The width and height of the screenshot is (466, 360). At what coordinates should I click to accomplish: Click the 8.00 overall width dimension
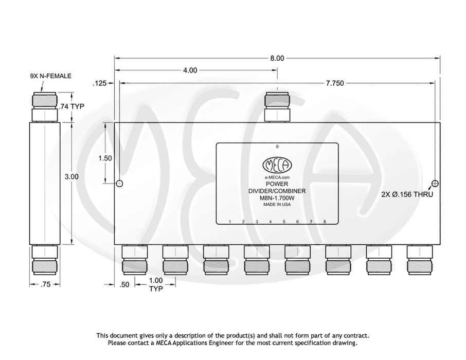coord(277,58)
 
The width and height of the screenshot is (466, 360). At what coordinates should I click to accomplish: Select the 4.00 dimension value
coord(190,70)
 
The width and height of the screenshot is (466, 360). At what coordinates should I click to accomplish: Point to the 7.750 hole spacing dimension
coord(335,83)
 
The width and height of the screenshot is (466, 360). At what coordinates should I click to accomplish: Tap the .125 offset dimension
coord(100,83)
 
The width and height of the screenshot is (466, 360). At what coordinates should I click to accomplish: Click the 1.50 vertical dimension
coord(105,158)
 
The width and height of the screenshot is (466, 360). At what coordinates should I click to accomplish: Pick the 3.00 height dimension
coord(71,176)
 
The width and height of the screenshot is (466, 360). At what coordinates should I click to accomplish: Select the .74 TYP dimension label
coord(71,106)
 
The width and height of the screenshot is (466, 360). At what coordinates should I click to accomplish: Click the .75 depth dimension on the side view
coord(45,284)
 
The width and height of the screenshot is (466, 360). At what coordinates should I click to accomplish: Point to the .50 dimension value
coord(124,284)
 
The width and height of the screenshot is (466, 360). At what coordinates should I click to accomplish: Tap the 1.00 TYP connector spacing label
coord(156,284)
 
